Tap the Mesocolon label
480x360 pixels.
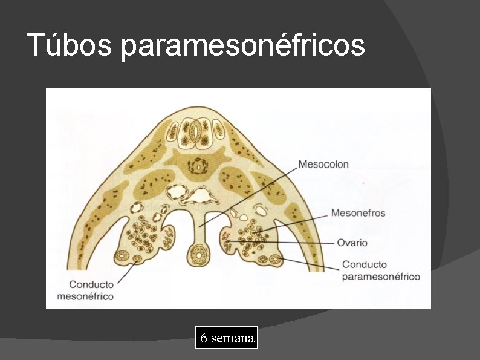tap(323, 164)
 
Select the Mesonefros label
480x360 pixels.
tap(358, 212)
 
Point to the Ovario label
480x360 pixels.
tap(352, 243)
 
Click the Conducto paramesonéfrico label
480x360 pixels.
tap(380, 270)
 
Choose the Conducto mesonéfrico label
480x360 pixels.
tap(91, 290)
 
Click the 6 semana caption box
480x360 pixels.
tap(227, 338)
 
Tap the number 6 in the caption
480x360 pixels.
tap(204, 338)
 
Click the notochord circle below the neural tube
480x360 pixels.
tap(196, 165)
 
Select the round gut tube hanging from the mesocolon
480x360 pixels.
tap(197, 255)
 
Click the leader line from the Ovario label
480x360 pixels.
tap(284, 243)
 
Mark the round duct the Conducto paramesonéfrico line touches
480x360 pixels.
tap(276, 260)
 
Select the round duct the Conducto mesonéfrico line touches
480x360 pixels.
tap(137, 260)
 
